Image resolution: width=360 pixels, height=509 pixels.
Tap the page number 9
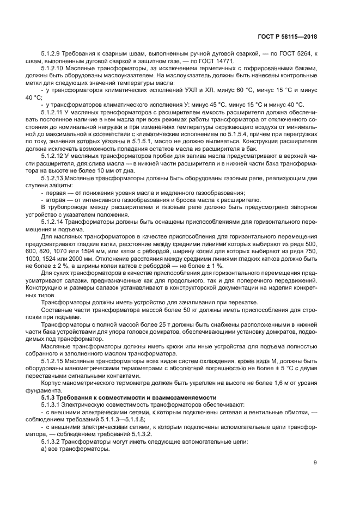pos(315,463)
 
